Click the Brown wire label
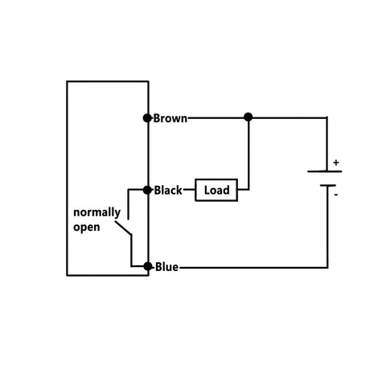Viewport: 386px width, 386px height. click(x=170, y=118)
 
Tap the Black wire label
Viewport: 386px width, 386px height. click(x=168, y=191)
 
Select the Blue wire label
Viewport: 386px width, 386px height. click(x=166, y=267)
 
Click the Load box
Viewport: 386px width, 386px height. click(x=216, y=191)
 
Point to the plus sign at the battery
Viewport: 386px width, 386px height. click(x=336, y=163)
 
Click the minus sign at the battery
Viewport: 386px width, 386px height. click(x=336, y=194)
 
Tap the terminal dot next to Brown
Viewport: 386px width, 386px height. click(x=148, y=118)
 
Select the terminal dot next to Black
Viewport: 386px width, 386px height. click(x=148, y=191)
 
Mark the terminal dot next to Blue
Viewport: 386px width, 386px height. click(x=148, y=266)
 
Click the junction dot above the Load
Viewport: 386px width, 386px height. click(x=248, y=117)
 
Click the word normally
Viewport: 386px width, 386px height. click(x=97, y=213)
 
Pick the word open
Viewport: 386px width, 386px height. click(x=87, y=227)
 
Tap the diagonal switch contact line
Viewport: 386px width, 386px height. click(x=122, y=230)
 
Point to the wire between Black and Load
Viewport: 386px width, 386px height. click(x=190, y=191)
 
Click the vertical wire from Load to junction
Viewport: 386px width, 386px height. click(x=248, y=157)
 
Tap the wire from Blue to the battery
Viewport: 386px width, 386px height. click(x=257, y=266)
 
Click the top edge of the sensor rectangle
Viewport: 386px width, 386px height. click(x=108, y=81)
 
